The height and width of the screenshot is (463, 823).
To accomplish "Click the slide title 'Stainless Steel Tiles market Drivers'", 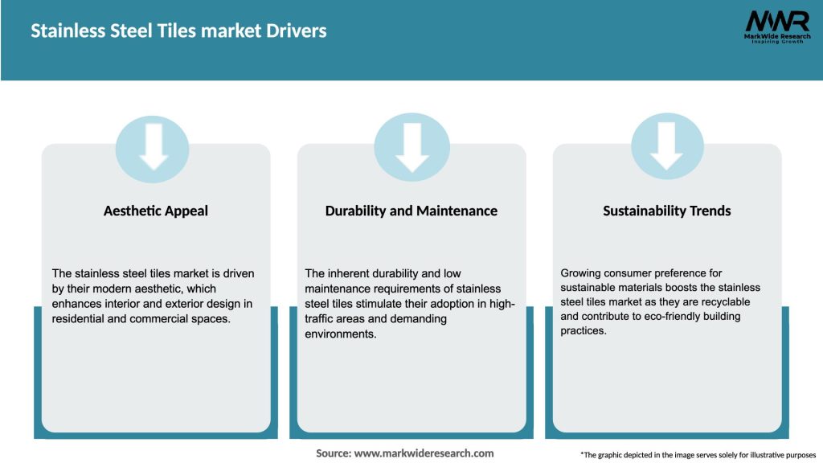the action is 178,31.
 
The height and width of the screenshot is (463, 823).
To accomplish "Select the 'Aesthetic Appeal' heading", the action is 156,211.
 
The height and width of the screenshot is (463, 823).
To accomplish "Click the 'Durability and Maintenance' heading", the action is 411,211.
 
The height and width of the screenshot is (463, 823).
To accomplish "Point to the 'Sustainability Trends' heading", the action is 667,211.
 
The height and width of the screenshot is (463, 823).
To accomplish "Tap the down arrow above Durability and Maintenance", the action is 411,147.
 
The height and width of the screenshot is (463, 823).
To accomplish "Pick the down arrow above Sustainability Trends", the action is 667,147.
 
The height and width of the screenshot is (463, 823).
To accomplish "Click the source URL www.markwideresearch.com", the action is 424,453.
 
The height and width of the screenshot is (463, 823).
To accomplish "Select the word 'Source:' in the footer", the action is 334,453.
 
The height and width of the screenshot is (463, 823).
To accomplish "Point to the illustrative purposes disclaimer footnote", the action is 698,455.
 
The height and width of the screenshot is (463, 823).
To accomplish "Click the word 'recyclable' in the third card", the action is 723,302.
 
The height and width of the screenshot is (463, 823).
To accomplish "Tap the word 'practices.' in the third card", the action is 583,331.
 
